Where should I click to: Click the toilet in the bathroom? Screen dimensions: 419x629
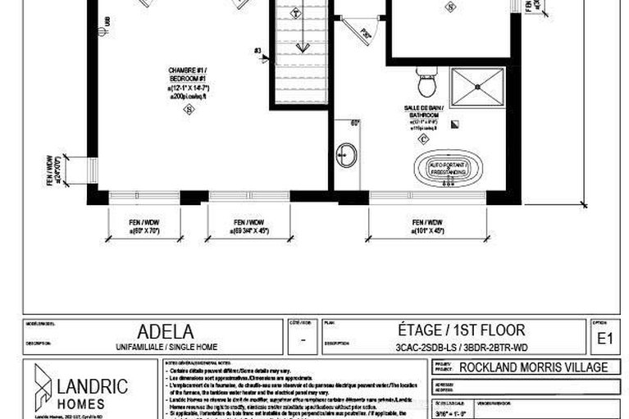426,82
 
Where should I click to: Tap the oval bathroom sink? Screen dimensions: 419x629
345,153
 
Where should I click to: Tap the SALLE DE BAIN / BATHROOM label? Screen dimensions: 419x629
423,112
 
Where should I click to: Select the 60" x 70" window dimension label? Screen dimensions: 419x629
145,227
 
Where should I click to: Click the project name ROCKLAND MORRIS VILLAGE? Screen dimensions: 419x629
533,367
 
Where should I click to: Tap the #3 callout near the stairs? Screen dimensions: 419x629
258,52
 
